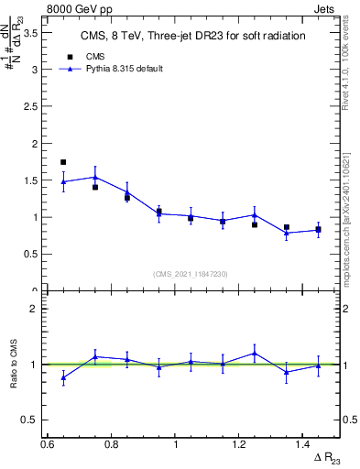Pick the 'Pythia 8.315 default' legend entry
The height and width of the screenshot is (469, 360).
pos(112,69)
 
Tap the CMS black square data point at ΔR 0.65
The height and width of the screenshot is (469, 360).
pos(63,162)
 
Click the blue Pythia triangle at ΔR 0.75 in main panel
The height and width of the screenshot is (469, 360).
pos(95,177)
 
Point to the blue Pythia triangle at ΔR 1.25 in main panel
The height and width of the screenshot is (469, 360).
pos(255,215)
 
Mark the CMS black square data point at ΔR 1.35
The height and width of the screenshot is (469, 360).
pos(287,227)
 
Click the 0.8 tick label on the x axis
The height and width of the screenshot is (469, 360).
pos(111,443)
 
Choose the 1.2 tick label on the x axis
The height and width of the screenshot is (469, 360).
pos(239,443)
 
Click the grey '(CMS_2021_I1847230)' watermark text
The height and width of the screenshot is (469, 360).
pos(191,274)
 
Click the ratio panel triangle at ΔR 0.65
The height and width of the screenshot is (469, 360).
pos(63,377)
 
